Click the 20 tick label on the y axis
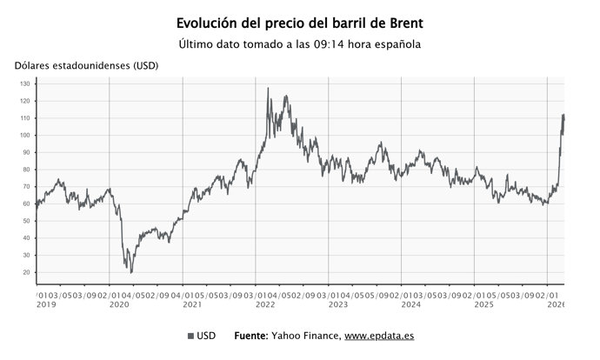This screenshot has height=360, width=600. point(27,272)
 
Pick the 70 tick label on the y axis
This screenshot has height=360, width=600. point(27,187)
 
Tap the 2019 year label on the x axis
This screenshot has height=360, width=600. point(46,304)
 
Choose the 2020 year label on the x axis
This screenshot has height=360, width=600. point(118,304)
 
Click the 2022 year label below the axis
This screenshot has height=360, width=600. point(264,304)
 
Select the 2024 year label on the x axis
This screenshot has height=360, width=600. point(410,304)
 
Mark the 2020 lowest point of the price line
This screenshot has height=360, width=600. point(131,272)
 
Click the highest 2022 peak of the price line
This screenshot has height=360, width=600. point(267,88)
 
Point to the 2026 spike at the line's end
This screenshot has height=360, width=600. point(563,115)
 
